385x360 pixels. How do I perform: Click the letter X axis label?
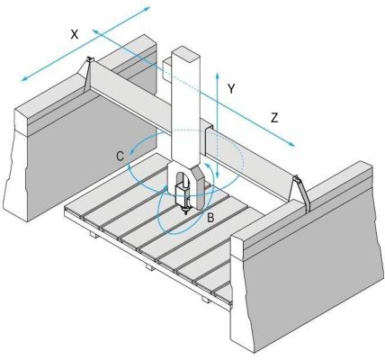pos(75,34)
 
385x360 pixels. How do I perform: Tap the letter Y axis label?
pos(231,89)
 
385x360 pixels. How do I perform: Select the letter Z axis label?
pos(274,118)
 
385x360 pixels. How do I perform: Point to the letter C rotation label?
pos(121,157)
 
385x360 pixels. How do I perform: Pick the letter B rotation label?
pos(210,218)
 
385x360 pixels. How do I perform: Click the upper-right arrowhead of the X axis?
pos(146,8)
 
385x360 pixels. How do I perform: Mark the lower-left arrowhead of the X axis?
pos(24,78)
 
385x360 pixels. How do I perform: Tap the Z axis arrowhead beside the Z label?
pos(291,144)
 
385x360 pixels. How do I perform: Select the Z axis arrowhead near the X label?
pos(95,31)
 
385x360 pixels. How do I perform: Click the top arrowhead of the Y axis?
pos(217,75)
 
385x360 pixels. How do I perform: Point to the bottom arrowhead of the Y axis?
pos(217,175)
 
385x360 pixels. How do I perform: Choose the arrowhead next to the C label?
pos(132,152)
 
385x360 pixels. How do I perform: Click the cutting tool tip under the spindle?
pos(185,213)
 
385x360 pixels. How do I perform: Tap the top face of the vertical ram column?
pos(185,54)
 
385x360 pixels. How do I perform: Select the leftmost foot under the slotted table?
pos(94,235)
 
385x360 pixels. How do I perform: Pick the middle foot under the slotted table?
pos(150,266)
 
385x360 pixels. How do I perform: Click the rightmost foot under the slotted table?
pos(206,299)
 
